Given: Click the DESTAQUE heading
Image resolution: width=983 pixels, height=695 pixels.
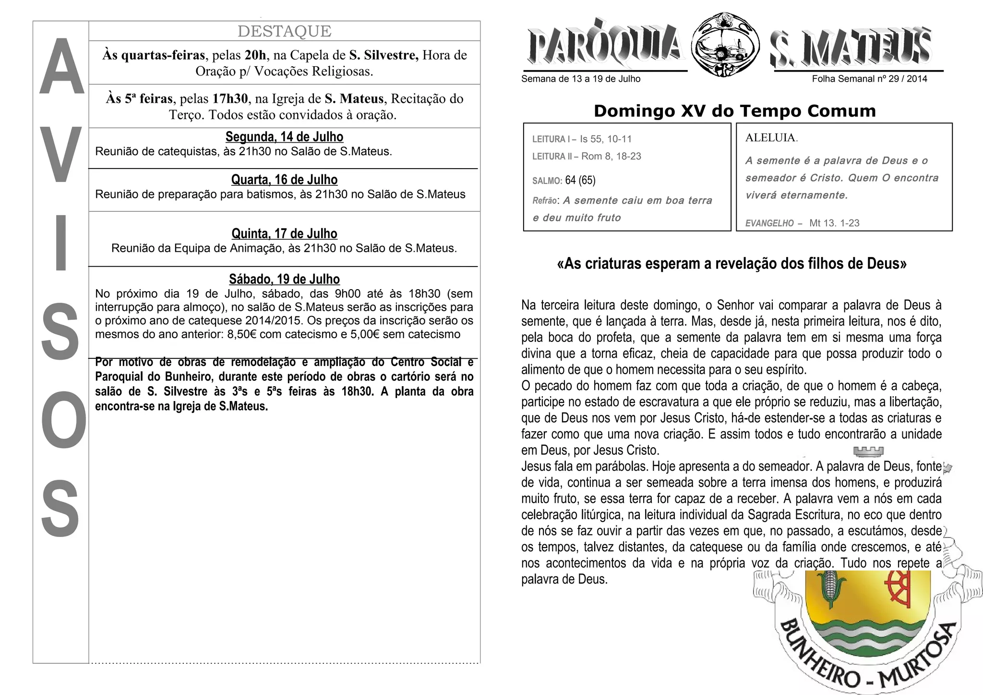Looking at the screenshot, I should (284, 31).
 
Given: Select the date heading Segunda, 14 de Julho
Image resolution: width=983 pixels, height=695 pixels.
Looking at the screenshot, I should (284, 137).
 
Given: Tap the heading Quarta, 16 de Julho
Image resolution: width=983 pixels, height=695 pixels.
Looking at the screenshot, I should (284, 180).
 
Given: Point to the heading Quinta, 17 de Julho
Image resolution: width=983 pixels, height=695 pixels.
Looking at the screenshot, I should (284, 234).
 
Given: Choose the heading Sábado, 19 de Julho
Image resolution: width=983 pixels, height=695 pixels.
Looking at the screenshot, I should (284, 279).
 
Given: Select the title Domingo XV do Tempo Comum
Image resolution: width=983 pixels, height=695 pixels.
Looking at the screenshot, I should (734, 111).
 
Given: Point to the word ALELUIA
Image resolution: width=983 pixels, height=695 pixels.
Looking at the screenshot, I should (771, 138).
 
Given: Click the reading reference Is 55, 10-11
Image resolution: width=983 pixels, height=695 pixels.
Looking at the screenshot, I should (606, 139).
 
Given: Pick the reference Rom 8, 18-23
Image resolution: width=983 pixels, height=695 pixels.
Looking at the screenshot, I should (611, 156).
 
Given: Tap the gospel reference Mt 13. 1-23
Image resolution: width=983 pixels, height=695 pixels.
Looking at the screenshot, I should (834, 223).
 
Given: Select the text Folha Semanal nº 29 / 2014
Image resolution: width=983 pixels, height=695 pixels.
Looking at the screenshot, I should (869, 79).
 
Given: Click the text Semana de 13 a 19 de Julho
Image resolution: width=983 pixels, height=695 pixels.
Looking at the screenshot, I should (581, 79).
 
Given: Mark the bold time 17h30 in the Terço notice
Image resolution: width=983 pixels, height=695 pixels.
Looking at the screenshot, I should (230, 99).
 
